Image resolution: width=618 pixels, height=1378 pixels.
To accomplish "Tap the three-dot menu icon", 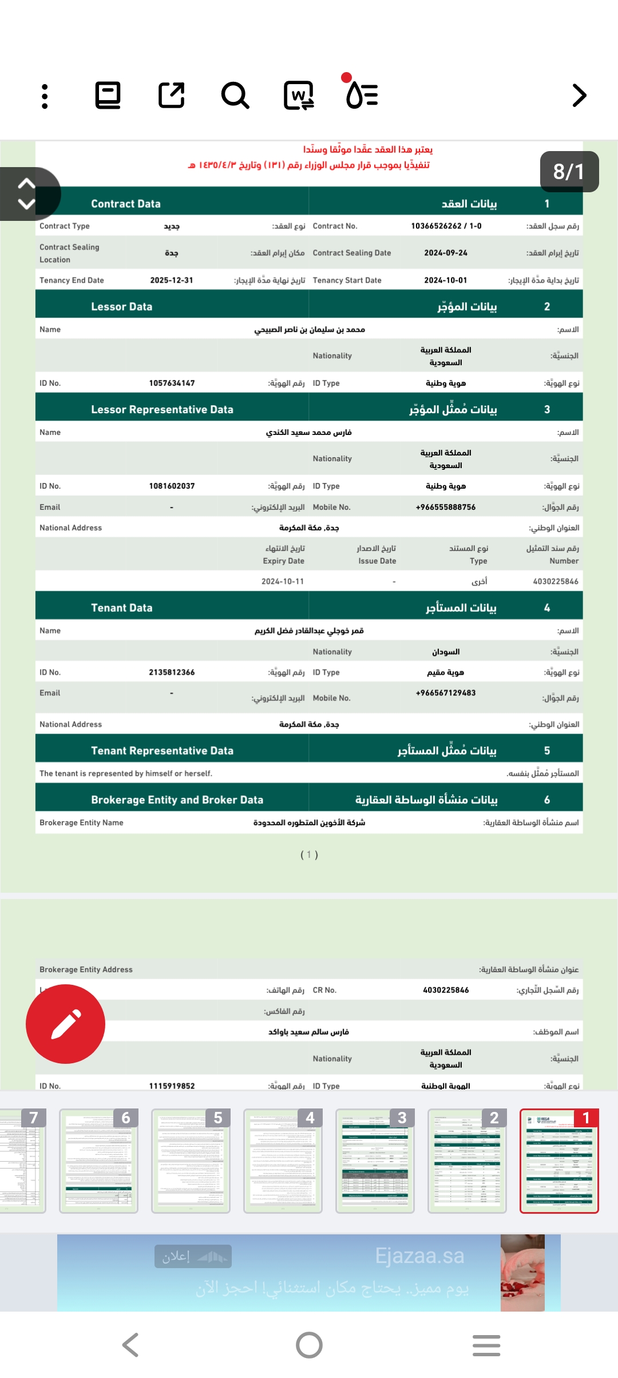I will [x=45, y=96].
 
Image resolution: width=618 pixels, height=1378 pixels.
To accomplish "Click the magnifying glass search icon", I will [x=235, y=96].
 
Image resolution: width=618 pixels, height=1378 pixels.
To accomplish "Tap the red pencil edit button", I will [x=66, y=1024].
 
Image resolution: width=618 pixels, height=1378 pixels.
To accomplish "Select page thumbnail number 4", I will [x=283, y=1161].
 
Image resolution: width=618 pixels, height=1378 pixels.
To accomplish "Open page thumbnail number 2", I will [x=467, y=1161].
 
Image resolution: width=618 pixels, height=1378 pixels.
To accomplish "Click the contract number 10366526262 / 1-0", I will [x=446, y=226].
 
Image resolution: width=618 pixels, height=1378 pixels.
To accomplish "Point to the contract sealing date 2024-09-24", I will [x=446, y=253].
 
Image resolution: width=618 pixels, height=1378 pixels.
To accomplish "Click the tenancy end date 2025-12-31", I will [x=172, y=280].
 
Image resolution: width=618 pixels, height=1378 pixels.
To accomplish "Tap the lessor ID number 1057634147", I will [x=172, y=383].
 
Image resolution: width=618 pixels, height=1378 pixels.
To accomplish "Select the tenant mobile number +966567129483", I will [x=446, y=693].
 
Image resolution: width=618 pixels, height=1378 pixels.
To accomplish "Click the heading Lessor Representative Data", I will [x=162, y=410].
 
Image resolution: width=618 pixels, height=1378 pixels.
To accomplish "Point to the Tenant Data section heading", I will [x=121, y=608].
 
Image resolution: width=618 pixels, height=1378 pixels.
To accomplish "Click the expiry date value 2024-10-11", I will [x=283, y=581].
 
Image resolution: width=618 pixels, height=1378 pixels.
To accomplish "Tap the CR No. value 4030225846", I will [x=446, y=990].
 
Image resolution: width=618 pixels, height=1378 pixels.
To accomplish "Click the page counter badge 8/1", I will [x=569, y=172].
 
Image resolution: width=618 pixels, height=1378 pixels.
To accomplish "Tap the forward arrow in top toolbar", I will [x=579, y=96].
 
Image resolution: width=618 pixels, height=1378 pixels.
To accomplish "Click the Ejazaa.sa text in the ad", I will [x=419, y=1256].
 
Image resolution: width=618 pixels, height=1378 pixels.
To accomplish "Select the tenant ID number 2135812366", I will [x=172, y=672].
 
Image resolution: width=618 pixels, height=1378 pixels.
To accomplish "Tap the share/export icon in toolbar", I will [x=172, y=96].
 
